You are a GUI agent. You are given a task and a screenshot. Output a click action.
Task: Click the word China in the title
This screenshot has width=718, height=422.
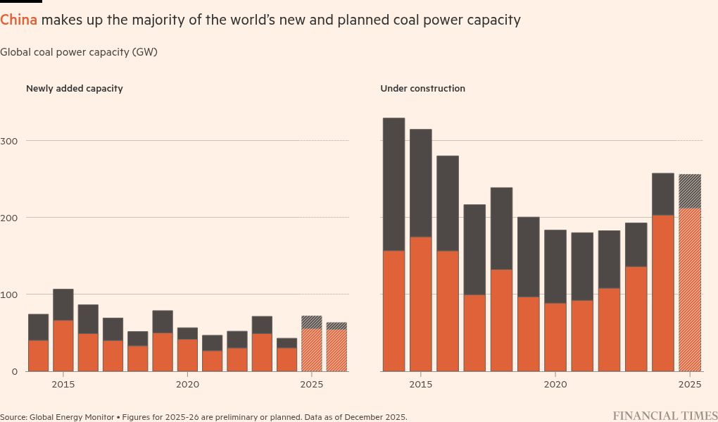(18, 20)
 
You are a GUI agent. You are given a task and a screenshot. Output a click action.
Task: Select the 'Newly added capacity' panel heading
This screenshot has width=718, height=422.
(74, 89)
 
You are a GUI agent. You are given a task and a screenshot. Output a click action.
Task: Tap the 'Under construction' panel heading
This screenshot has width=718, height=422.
(422, 89)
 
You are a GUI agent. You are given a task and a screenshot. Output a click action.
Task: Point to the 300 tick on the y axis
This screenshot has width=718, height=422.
(8, 141)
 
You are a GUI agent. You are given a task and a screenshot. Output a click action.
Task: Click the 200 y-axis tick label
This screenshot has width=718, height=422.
(8, 218)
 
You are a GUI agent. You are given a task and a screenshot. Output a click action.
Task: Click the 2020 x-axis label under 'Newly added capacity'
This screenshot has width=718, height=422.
(187, 385)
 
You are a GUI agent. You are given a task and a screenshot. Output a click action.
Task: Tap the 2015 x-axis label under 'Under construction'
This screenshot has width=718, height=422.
(421, 385)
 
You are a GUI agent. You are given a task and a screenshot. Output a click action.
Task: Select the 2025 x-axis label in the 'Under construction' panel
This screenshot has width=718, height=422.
(690, 385)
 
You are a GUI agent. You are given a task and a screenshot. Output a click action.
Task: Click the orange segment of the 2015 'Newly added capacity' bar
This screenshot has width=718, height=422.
(63, 346)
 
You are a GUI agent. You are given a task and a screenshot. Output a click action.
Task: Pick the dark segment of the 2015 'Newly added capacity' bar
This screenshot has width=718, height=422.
(63, 304)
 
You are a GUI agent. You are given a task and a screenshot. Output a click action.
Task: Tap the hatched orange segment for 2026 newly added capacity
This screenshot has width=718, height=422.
(336, 350)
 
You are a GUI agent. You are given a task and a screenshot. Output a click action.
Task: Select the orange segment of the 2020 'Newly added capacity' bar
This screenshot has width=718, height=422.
(187, 355)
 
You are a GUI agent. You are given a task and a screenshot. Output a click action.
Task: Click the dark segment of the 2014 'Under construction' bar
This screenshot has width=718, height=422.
(393, 184)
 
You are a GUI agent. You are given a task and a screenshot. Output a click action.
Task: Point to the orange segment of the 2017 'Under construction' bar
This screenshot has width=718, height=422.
(474, 333)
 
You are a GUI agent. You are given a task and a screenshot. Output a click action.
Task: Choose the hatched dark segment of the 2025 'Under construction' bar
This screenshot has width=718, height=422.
(690, 191)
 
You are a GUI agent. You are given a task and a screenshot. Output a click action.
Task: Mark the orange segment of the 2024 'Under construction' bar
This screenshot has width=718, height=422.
(663, 293)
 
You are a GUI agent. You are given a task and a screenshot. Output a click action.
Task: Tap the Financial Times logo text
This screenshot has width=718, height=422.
(665, 416)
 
